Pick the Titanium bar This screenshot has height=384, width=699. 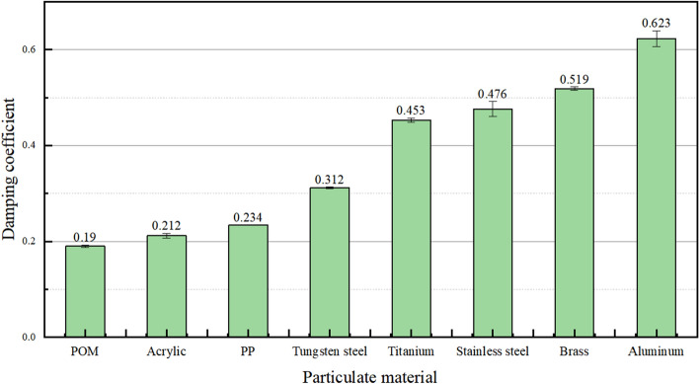[411, 228]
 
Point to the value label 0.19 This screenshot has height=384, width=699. [85, 237]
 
